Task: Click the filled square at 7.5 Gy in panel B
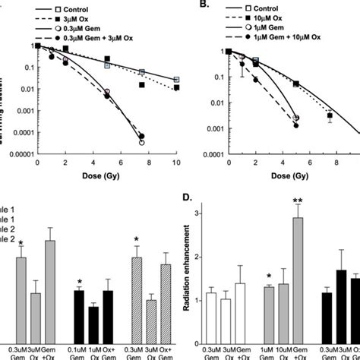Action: click(x=330, y=115)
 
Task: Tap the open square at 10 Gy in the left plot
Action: click(x=176, y=80)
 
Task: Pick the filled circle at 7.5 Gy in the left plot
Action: click(x=142, y=137)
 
